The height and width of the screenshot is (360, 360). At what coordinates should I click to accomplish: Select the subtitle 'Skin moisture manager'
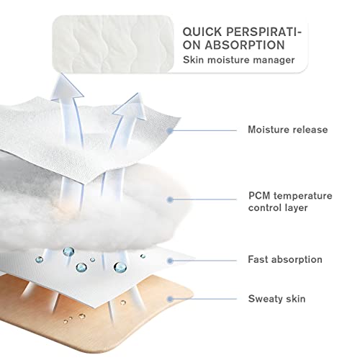tap(238, 60)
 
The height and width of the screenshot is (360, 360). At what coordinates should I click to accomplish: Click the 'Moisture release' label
tap(288, 130)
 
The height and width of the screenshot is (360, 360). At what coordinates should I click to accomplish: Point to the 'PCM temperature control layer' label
tap(290, 202)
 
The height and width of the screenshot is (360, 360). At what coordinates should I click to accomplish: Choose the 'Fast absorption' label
tap(285, 259)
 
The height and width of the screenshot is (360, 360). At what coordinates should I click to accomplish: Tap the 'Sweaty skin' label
tap(276, 299)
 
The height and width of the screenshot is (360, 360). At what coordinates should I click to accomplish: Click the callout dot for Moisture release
tap(170, 130)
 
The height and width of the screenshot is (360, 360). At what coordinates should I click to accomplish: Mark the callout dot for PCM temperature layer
tap(170, 199)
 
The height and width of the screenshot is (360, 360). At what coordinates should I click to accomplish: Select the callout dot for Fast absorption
tap(170, 261)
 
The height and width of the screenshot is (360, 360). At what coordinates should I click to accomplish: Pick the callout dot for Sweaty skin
tap(170, 299)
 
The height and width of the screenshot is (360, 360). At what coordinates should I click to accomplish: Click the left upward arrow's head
tap(66, 86)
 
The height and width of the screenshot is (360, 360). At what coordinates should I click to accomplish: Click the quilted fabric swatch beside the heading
tap(113, 44)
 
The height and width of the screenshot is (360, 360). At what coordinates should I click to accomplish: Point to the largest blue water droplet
tap(120, 267)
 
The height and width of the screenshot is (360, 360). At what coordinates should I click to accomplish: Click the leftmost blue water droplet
tap(39, 259)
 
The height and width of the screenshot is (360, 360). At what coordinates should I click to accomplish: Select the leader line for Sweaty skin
tap(204, 299)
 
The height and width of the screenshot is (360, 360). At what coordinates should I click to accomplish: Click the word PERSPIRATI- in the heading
tap(264, 32)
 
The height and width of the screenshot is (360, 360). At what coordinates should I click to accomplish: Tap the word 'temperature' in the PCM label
tap(303, 196)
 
